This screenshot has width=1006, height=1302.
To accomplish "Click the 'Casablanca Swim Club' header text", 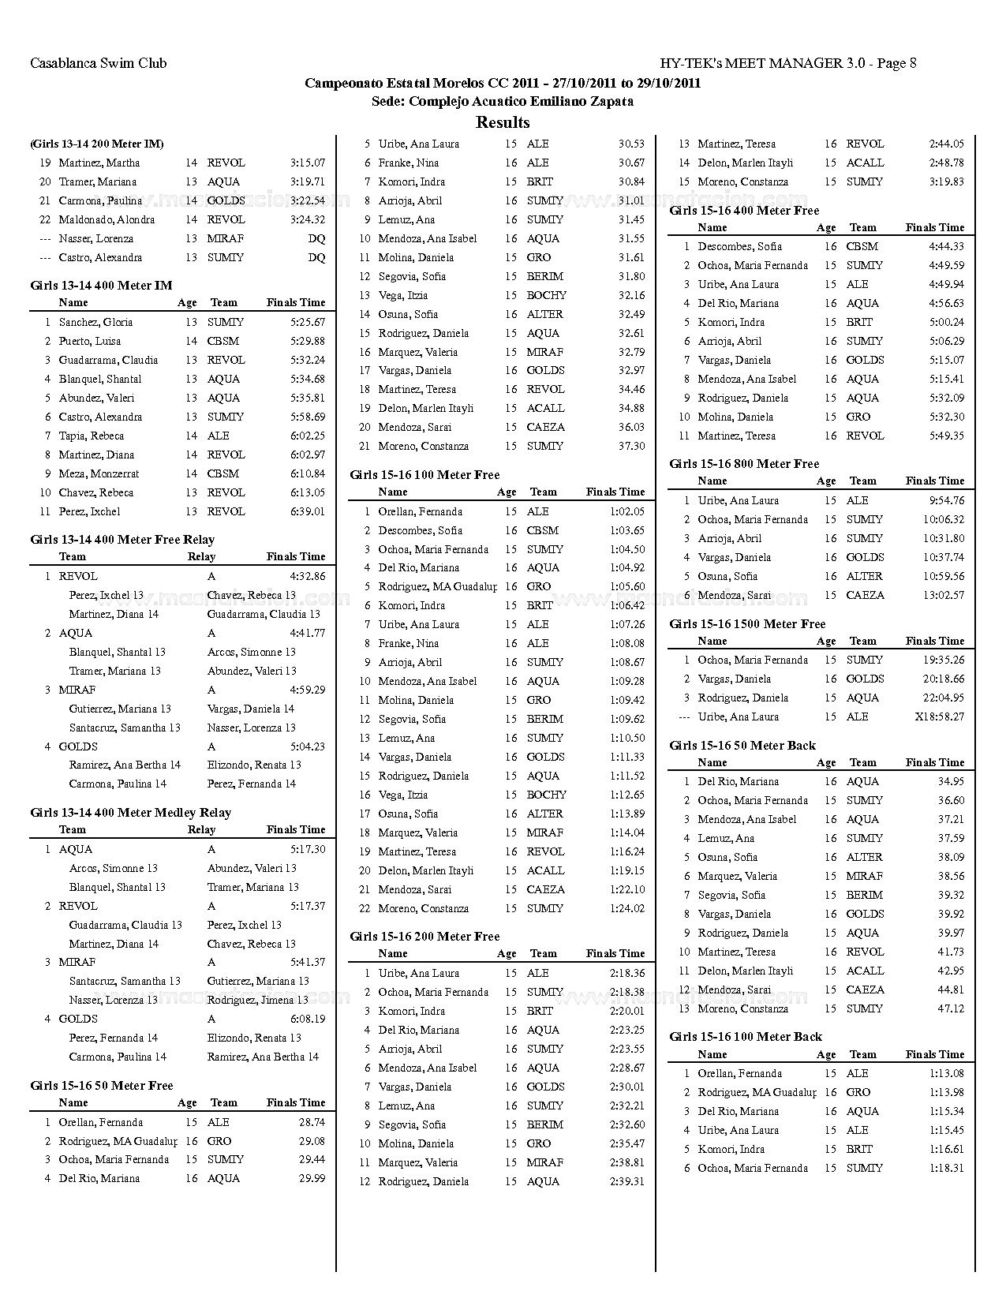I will click(x=98, y=63).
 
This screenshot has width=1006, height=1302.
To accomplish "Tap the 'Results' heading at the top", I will click(x=503, y=122).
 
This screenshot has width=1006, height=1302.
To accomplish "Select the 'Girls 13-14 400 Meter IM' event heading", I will click(x=101, y=286).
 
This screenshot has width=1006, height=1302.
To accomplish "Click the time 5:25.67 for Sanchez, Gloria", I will click(x=308, y=322).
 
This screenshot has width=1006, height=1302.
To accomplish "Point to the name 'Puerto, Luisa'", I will click(x=90, y=341).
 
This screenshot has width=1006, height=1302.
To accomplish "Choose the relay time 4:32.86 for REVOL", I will click(x=308, y=576).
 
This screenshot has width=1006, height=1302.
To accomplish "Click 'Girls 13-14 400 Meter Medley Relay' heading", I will click(x=130, y=813).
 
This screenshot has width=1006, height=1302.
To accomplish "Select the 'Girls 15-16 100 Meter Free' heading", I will click(x=424, y=475).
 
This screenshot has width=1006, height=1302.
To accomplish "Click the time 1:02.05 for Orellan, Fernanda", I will click(x=627, y=511).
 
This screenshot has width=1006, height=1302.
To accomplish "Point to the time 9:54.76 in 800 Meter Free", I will click(x=947, y=500).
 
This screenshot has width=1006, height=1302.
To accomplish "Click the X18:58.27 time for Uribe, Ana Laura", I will click(x=939, y=716).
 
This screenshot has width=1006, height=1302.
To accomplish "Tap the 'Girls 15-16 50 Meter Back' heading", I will click(x=742, y=746).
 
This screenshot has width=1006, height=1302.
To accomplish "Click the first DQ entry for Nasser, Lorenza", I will click(x=316, y=238).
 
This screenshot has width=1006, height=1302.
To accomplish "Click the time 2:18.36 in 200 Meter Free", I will click(x=627, y=973).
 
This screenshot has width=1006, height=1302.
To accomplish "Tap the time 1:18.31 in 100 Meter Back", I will click(x=947, y=1168).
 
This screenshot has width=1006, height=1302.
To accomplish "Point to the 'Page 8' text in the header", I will click(x=896, y=63).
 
